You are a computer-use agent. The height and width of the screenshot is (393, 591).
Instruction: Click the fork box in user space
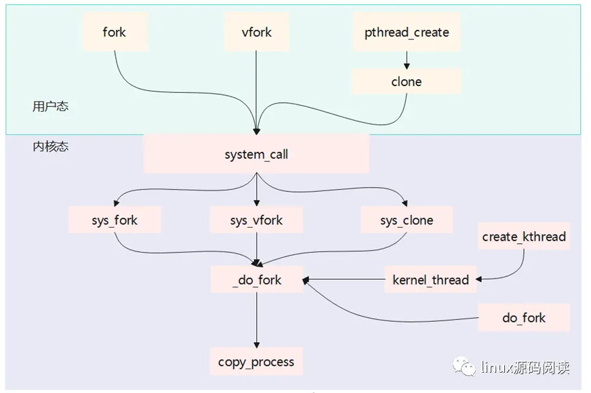click(x=115, y=32)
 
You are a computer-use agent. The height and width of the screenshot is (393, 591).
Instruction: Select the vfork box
click(x=256, y=32)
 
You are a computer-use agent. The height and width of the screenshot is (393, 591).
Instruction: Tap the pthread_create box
click(x=407, y=32)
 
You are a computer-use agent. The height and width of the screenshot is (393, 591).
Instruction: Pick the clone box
click(x=407, y=81)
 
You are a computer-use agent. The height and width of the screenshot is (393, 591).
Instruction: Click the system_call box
click(x=256, y=154)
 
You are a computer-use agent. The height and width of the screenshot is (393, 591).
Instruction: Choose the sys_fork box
click(x=115, y=220)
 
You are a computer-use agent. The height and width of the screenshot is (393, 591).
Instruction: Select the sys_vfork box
click(x=256, y=220)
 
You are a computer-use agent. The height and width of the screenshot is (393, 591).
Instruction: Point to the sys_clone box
click(x=407, y=220)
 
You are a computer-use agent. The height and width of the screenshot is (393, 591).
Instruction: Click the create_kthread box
click(x=524, y=236)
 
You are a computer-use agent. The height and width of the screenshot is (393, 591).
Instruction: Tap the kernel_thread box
click(x=430, y=279)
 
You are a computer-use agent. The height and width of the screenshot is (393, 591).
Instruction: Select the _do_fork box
click(x=256, y=279)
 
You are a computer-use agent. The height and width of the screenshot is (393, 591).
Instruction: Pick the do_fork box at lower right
click(x=524, y=317)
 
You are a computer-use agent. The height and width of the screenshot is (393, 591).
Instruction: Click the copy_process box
click(x=256, y=361)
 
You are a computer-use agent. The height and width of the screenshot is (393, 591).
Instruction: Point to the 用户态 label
click(x=51, y=106)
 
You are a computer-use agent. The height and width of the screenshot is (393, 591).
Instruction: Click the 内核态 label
click(x=51, y=146)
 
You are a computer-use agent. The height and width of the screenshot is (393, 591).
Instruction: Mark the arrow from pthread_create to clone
click(x=407, y=60)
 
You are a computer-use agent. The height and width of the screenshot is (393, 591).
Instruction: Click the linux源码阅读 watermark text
click(x=525, y=367)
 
